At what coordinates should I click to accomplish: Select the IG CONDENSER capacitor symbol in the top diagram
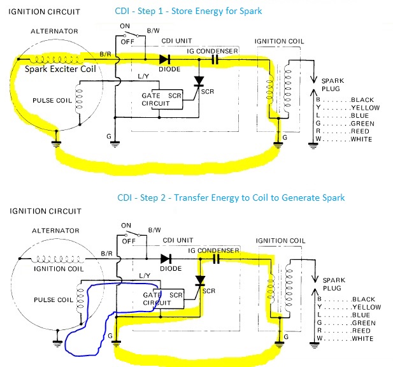(x=216, y=59)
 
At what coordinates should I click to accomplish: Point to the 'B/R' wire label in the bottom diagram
(x=105, y=254)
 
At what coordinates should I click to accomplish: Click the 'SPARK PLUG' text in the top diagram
(x=333, y=85)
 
